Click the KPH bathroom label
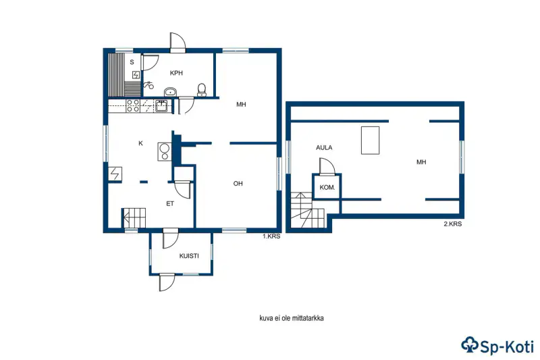click(x=176, y=73)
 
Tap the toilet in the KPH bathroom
click(x=202, y=90)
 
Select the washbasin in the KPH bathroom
click(x=170, y=92)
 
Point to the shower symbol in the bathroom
click(x=148, y=84)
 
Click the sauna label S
click(x=132, y=62)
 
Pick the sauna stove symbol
click(x=136, y=75)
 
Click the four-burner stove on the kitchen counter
click(x=133, y=106)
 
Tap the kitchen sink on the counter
click(x=161, y=106)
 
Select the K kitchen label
click(x=140, y=143)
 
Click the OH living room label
click(x=238, y=184)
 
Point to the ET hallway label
click(x=170, y=204)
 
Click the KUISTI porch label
click(x=189, y=256)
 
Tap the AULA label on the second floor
click(x=324, y=148)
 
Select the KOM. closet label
click(x=327, y=188)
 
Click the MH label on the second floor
click(x=421, y=162)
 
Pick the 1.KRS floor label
click(x=272, y=236)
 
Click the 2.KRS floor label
click(x=452, y=224)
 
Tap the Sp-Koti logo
click(x=497, y=345)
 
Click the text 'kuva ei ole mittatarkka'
click(x=292, y=318)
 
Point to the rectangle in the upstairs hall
click(x=370, y=140)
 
